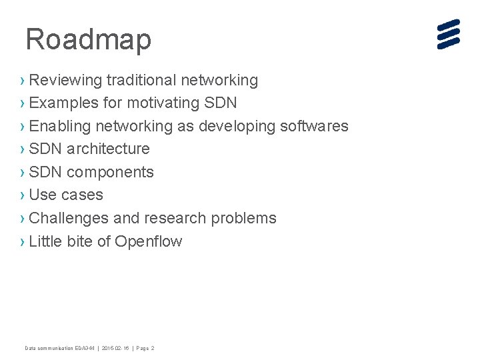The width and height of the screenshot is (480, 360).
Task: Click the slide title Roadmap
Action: [x=88, y=40]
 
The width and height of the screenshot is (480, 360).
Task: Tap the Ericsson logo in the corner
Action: [x=449, y=35]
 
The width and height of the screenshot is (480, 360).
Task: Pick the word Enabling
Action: [x=60, y=127]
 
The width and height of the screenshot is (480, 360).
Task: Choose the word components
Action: [x=110, y=172]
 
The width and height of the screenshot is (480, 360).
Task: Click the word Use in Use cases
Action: [x=43, y=195]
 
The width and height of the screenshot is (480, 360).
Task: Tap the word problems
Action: [x=246, y=218]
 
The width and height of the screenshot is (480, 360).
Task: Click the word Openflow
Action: [x=148, y=241]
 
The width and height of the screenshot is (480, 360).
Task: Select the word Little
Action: [x=45, y=241]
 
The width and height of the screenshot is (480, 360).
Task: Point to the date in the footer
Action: [x=116, y=348]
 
